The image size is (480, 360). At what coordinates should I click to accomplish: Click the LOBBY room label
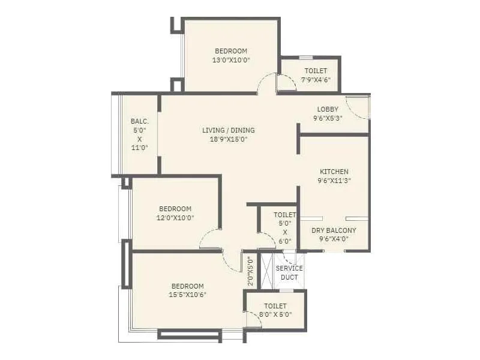[x=328, y=109]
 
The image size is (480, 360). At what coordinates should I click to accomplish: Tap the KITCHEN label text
[x=334, y=172]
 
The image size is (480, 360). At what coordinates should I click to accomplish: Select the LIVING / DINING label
[x=228, y=130]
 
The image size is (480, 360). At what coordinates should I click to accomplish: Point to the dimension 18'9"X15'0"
[x=228, y=139]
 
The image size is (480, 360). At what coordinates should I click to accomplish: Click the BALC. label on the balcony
[x=139, y=121]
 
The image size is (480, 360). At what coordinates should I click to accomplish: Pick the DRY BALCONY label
[x=334, y=230]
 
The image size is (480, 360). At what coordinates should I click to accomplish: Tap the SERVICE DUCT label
[x=289, y=272]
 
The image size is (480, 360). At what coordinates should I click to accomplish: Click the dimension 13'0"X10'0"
[x=231, y=60]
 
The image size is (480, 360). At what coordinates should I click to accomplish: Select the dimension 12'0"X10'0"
[x=175, y=218]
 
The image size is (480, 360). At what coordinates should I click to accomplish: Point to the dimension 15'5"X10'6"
[x=187, y=295]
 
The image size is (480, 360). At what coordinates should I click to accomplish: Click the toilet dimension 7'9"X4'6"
[x=316, y=80]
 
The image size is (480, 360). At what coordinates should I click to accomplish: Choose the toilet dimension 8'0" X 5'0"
[x=275, y=314]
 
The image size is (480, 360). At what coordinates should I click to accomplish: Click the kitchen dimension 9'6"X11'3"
[x=334, y=180]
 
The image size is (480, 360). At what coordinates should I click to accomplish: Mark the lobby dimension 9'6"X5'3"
[x=328, y=118]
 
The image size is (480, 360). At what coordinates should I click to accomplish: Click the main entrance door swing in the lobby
[x=359, y=108]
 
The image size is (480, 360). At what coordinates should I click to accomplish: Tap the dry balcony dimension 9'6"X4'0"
[x=334, y=239]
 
